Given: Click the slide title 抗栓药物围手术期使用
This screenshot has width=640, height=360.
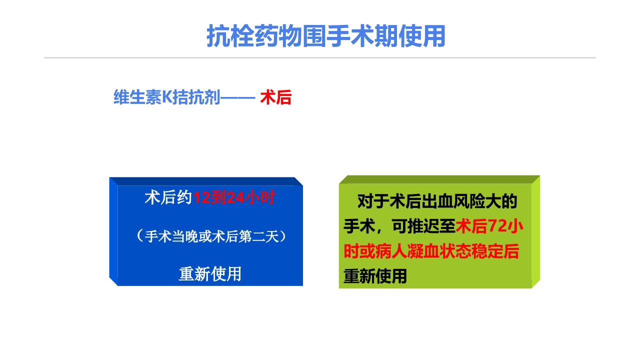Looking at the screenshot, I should (x=326, y=36).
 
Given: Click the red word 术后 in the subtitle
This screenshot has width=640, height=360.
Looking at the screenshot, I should (x=275, y=97).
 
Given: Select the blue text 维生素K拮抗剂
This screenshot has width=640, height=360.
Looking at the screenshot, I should (x=167, y=97).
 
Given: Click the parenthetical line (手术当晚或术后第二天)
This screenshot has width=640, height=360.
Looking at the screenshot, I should (x=210, y=236).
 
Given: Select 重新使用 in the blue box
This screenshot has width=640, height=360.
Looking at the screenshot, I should (x=210, y=273).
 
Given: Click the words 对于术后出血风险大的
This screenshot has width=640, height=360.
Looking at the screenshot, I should (x=437, y=202).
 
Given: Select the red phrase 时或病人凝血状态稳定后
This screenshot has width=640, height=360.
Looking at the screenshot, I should (x=431, y=251).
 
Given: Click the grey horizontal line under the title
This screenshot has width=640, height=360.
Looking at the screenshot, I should (x=320, y=58).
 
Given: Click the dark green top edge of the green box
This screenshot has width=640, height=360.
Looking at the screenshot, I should (x=439, y=179).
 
